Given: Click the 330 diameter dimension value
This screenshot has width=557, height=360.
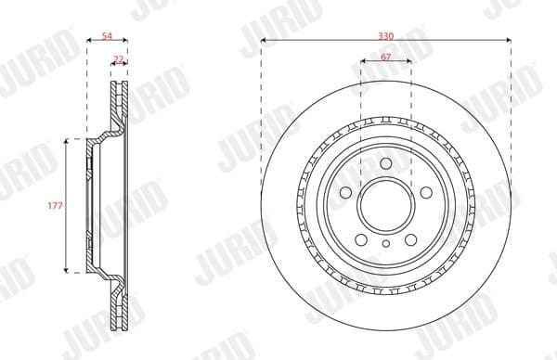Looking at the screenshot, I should tap(385, 33).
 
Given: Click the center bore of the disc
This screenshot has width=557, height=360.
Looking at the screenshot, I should tap(385, 205).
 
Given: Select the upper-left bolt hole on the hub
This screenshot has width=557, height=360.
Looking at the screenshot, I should tap(346, 192).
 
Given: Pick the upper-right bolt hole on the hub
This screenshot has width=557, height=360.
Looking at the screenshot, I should tap(424, 192).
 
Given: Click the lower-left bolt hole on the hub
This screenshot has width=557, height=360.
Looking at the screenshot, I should tap(361, 238).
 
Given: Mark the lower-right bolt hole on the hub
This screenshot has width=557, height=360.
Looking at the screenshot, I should tap(409, 238).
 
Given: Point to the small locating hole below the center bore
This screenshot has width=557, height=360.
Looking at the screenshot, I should tap(385, 243).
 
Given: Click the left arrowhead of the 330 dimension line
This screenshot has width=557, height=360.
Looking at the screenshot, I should tap(264, 41).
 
